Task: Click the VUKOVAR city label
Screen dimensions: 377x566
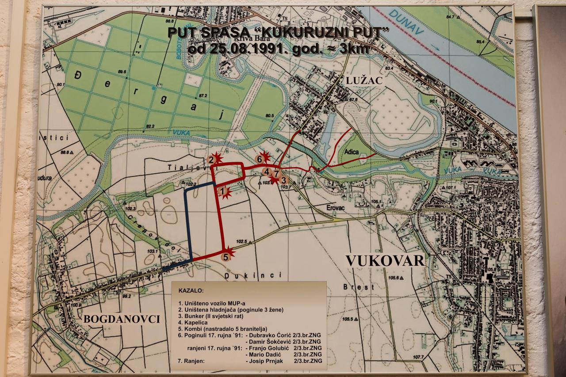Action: [x=385, y=260]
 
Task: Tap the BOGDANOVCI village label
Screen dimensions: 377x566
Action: [x=122, y=319]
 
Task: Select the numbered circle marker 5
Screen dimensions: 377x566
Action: [x=226, y=256]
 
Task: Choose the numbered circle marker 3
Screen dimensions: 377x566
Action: [x=284, y=180]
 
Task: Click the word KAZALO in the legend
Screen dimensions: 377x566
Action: [x=191, y=292]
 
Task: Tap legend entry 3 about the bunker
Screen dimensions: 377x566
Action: [x=210, y=316]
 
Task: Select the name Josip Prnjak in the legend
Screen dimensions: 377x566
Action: [x=265, y=361]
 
